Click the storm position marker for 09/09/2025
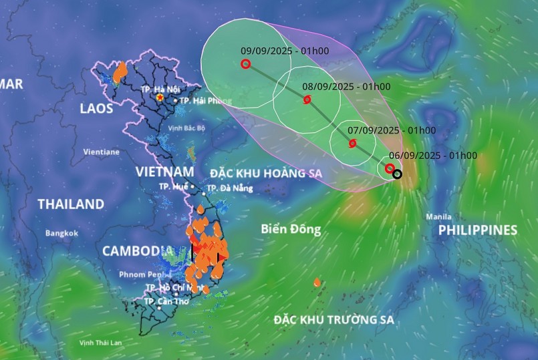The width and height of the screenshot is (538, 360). click(x=245, y=64)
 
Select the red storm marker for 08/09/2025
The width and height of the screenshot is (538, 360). click(x=307, y=100)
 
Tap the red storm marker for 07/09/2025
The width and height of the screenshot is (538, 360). click(x=352, y=143)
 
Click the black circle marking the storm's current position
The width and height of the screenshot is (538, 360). click(x=397, y=174)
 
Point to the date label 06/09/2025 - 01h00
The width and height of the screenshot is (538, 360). click(x=435, y=156)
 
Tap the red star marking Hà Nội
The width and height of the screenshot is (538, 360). click(x=160, y=98)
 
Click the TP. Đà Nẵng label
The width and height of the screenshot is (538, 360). click(x=231, y=188)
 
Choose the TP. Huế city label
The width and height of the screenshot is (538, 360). click(x=173, y=187)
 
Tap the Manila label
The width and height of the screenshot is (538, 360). click(x=438, y=217)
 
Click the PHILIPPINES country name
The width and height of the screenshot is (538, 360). click(x=477, y=230)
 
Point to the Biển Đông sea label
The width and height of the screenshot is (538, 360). click(x=291, y=230)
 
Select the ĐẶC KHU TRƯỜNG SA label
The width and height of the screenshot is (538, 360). click(x=333, y=320)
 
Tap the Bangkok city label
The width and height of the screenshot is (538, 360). click(x=61, y=233)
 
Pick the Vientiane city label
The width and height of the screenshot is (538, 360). click(x=101, y=152)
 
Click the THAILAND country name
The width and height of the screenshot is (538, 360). click(x=71, y=204)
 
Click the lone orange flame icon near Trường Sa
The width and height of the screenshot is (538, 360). click(x=317, y=283)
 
